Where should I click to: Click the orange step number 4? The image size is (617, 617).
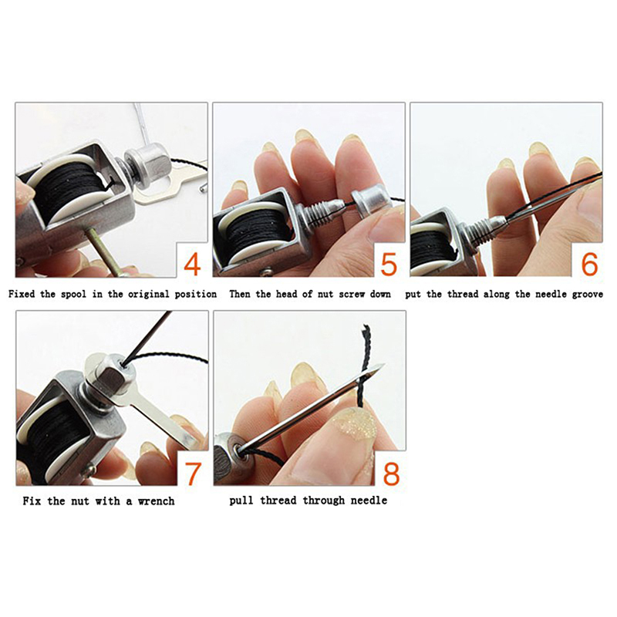[x=192, y=264]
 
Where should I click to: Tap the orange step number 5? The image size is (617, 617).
[x=389, y=264]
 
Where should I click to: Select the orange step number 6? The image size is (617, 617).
[x=589, y=264]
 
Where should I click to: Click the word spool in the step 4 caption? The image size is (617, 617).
[x=73, y=295]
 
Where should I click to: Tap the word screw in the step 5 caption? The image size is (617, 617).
[x=351, y=295]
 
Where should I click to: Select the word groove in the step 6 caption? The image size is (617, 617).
[x=588, y=295]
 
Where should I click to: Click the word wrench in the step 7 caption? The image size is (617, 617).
[x=156, y=501]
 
